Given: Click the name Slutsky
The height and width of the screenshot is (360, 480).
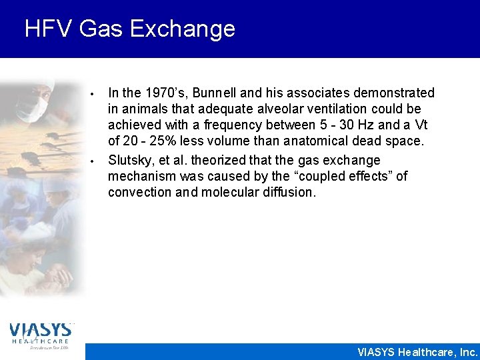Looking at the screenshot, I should click(x=129, y=160).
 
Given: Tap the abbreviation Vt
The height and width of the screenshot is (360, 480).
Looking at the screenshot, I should click(x=421, y=125).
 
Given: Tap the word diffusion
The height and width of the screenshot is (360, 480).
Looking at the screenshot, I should click(x=285, y=193).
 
